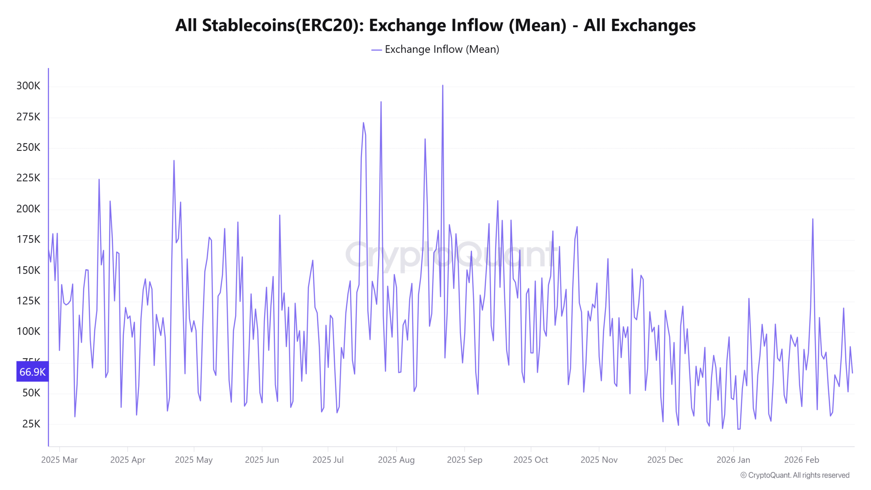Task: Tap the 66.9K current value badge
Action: pos(32,372)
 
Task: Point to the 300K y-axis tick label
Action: pos(28,86)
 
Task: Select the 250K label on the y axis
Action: pos(28,147)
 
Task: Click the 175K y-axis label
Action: pos(28,240)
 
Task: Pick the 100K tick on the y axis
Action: pos(28,331)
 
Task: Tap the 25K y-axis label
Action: pos(31,424)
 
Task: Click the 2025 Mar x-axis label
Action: pos(60,460)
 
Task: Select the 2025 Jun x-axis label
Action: pos(262,460)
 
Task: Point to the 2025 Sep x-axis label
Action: pos(464,460)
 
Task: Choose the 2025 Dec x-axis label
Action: pos(665,460)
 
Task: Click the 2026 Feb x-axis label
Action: pos(801,460)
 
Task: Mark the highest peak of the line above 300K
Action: pos(443,86)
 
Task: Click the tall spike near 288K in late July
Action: pos(381,102)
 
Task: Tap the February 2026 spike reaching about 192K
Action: pos(813,219)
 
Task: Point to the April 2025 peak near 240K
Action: pos(174,161)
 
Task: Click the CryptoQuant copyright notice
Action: pos(795,475)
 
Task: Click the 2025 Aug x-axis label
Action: pos(396,460)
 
